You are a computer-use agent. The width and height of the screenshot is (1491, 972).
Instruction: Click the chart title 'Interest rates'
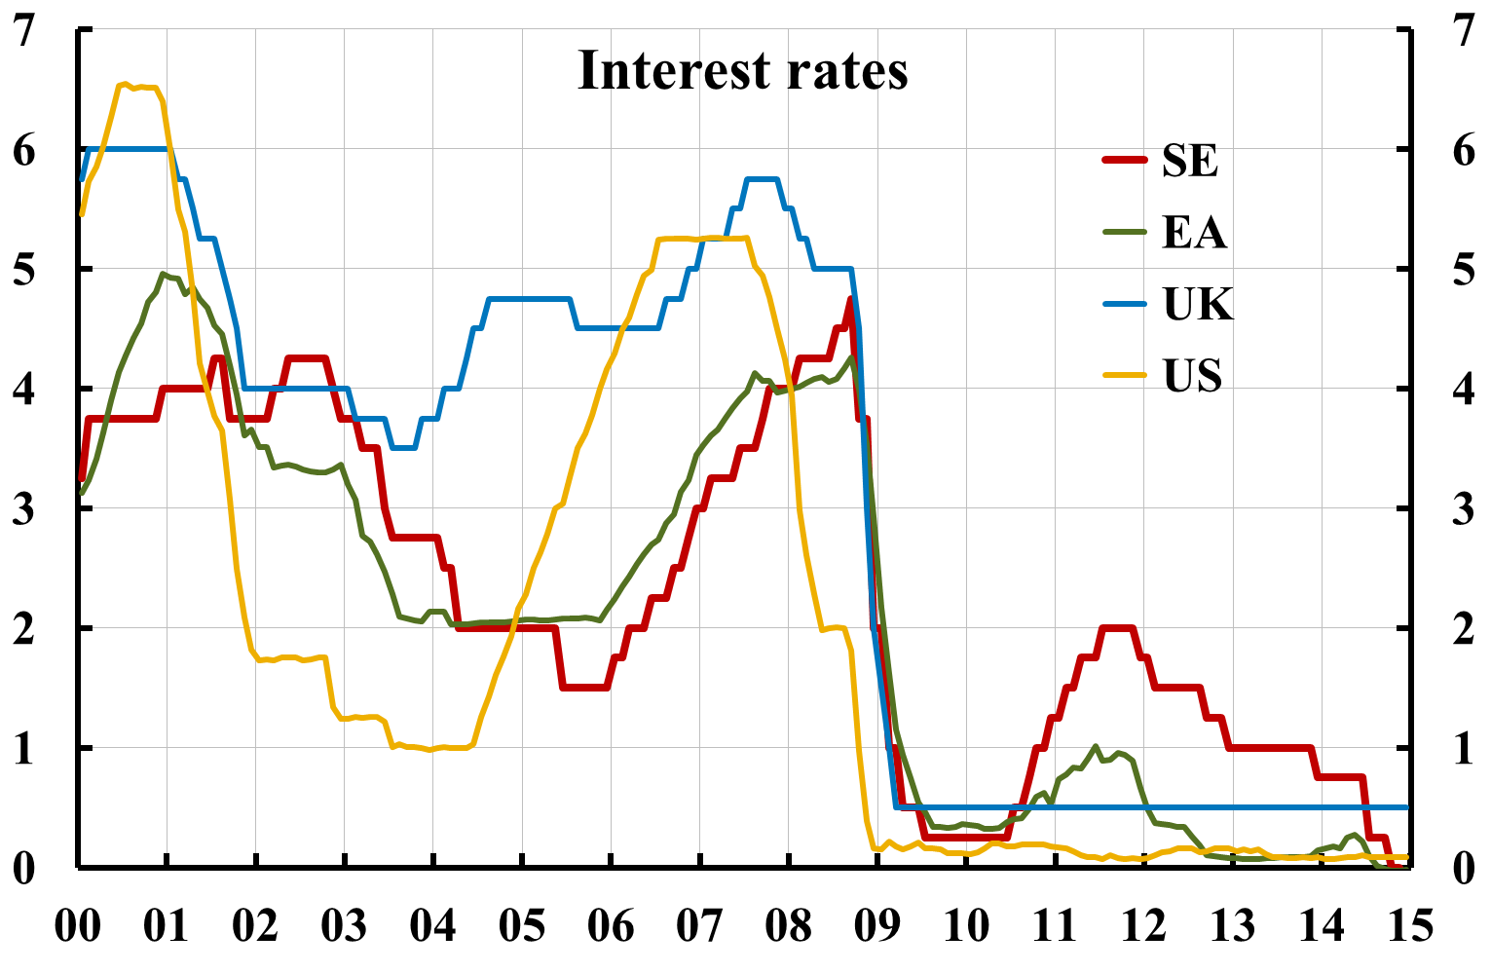click(x=742, y=71)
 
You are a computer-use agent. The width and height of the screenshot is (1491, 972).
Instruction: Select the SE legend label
click(x=1189, y=161)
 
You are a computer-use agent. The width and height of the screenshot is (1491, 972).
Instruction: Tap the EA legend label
click(x=1194, y=233)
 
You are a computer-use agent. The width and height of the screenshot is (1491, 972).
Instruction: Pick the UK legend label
click(x=1197, y=305)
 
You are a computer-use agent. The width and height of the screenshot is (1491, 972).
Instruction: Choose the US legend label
click(x=1192, y=376)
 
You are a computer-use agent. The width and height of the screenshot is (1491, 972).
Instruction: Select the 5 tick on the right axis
click(x=1463, y=270)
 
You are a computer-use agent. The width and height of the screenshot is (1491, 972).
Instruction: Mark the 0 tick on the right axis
click(x=1463, y=868)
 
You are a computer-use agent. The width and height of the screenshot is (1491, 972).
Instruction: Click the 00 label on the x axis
click(x=77, y=925)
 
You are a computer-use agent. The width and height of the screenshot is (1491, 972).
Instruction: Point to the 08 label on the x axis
click(x=788, y=925)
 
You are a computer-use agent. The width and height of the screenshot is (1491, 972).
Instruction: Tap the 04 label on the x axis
click(x=432, y=925)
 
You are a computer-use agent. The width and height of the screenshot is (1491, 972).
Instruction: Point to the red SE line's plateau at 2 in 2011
click(x=1117, y=628)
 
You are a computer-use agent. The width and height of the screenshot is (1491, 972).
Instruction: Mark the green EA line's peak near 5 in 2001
click(x=164, y=275)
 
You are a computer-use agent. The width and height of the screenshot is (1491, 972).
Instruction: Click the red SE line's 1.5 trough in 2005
click(x=584, y=688)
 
